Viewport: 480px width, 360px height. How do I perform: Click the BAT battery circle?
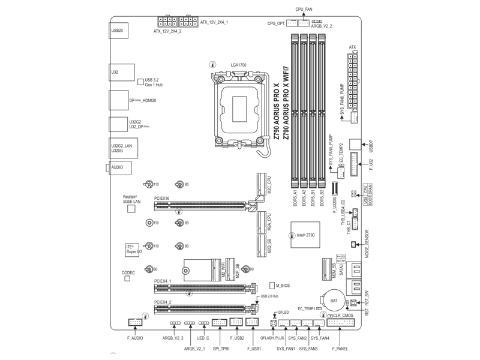point(334,300)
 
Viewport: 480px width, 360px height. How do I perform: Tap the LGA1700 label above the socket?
point(239,65)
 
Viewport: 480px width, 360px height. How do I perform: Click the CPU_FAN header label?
point(304,10)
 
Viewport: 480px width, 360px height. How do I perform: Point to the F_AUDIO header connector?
point(136,323)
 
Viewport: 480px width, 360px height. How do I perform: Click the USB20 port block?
point(119,30)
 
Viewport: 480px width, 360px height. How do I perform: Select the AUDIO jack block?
point(120,168)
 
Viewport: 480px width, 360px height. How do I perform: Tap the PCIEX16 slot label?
point(162,197)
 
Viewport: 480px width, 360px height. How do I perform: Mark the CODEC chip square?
point(128,280)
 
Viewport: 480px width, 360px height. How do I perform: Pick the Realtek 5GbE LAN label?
point(131,199)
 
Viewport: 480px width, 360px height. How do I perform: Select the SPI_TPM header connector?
point(220,323)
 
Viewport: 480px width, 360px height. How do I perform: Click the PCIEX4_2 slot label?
point(163,302)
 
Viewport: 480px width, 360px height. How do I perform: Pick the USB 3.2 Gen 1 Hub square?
point(140,82)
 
